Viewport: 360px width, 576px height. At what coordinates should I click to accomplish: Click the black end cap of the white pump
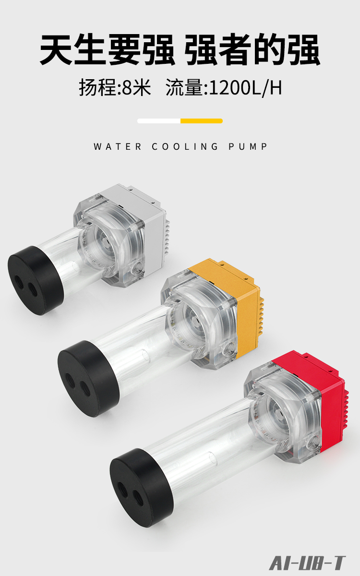36,280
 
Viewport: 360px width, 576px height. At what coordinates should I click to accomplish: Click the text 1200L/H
246,88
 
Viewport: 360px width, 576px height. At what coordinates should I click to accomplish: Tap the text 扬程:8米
115,88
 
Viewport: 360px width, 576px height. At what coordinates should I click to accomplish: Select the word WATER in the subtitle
118,146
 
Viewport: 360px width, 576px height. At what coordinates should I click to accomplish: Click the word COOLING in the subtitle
185,146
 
